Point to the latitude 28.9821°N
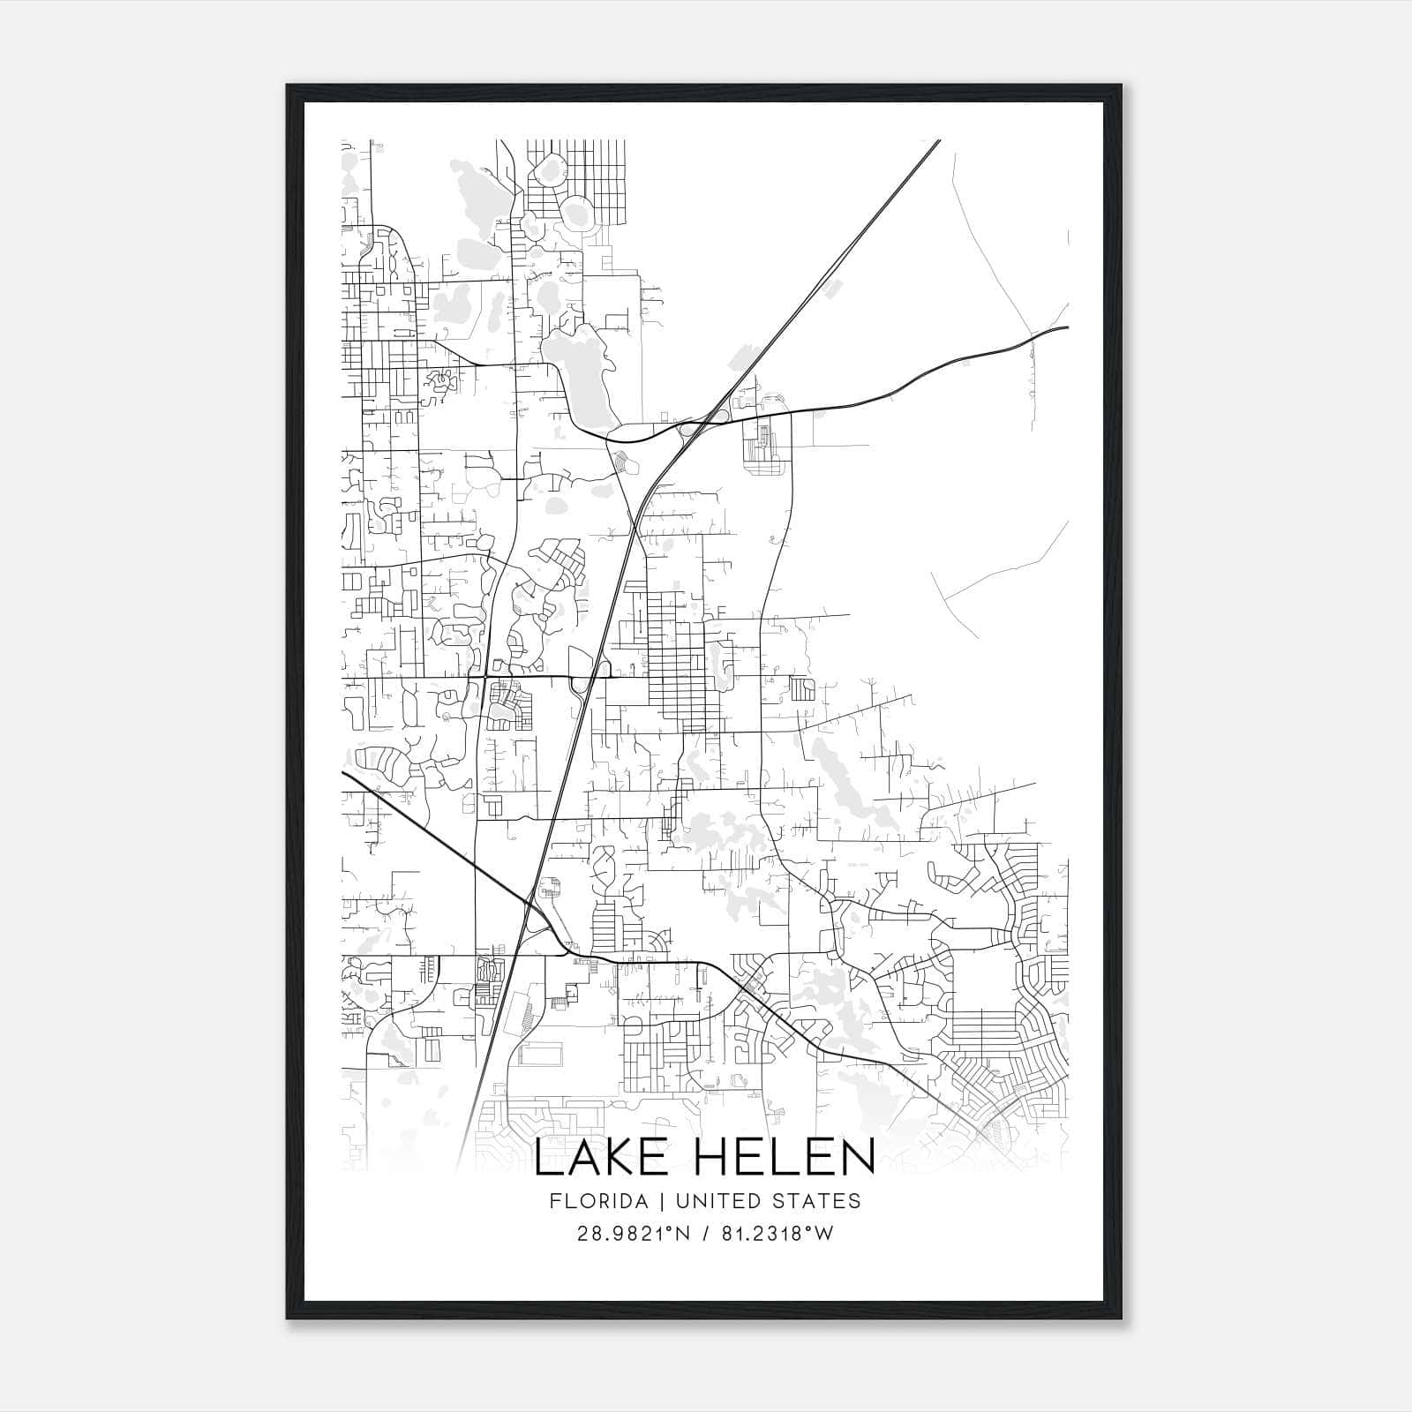click(x=628, y=1234)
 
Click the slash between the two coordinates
click(x=704, y=1234)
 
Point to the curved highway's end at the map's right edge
click(x=1066, y=327)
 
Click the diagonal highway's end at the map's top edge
click(x=937, y=141)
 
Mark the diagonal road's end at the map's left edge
click(x=344, y=773)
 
